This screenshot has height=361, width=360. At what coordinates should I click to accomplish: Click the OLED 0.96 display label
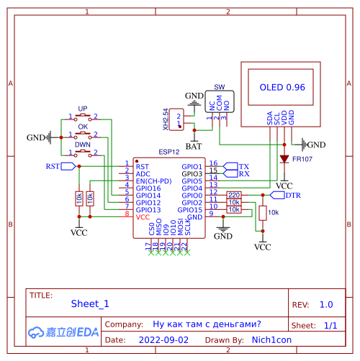tap(282, 87)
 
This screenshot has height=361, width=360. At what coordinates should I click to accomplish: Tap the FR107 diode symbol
tap(284, 158)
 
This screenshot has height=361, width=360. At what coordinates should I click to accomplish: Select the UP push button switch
tap(83, 115)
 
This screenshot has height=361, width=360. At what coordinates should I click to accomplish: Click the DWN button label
tap(83, 145)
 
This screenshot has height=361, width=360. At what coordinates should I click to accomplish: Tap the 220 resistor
tap(234, 195)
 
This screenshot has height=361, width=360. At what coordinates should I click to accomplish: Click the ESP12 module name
tap(169, 152)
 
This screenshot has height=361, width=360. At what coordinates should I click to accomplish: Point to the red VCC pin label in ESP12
tap(143, 216)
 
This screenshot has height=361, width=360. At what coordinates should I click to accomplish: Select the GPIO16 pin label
tap(148, 188)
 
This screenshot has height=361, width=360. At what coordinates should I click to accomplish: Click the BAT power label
tap(193, 146)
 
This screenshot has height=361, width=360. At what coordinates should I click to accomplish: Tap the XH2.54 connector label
tap(166, 119)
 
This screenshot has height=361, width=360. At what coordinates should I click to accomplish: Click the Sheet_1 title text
tap(90, 304)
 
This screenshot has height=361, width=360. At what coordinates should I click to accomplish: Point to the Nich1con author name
tap(266, 339)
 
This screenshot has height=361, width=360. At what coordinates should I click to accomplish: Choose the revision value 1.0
tap(326, 304)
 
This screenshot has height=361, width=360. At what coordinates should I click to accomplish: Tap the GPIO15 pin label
tap(192, 209)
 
